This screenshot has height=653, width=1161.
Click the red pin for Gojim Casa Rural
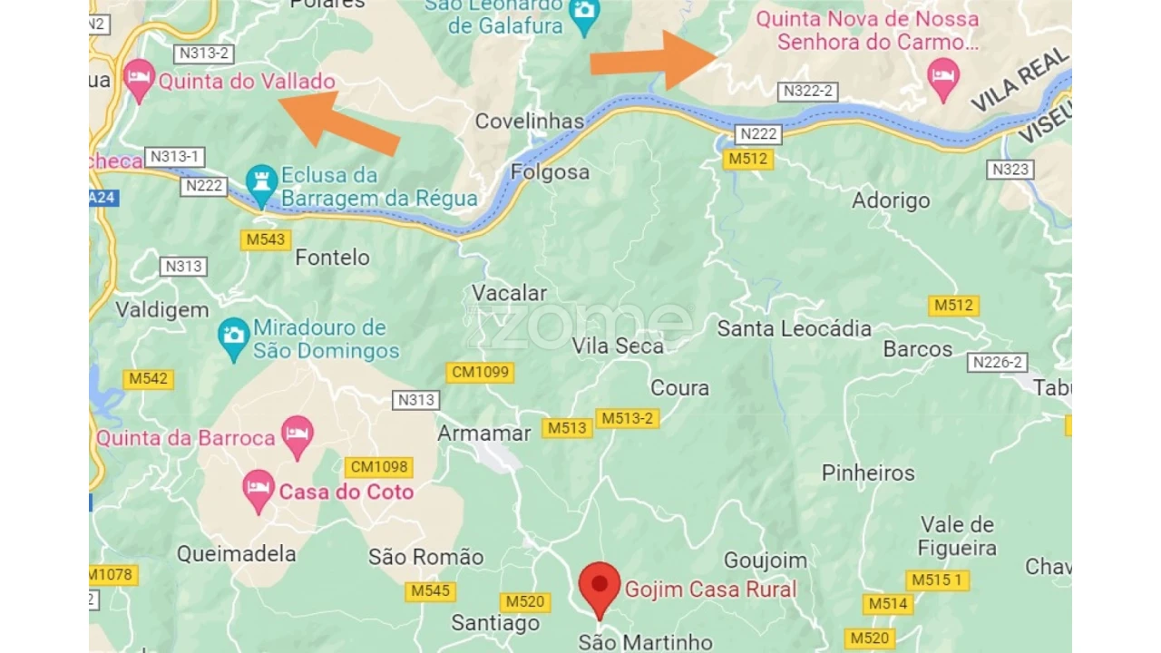click(600, 584)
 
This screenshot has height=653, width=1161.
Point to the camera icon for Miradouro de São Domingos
click(234, 336)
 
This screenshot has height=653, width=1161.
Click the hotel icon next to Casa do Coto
click(259, 490)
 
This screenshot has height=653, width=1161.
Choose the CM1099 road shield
click(480, 372)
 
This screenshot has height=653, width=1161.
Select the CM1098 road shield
click(379, 467)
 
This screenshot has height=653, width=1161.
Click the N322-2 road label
click(807, 91)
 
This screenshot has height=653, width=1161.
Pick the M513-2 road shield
click(627, 418)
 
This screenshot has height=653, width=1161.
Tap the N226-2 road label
click(998, 362)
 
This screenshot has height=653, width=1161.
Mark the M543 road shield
click(265, 240)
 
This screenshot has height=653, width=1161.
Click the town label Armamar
click(483, 434)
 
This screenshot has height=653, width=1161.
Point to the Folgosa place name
click(550, 172)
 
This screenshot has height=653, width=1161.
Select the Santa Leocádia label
click(794, 328)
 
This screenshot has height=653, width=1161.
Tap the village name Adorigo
click(891, 200)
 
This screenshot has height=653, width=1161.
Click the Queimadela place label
click(236, 553)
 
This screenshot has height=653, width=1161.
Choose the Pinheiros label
click(868, 473)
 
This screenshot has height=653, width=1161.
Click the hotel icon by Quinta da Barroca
click(297, 436)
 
